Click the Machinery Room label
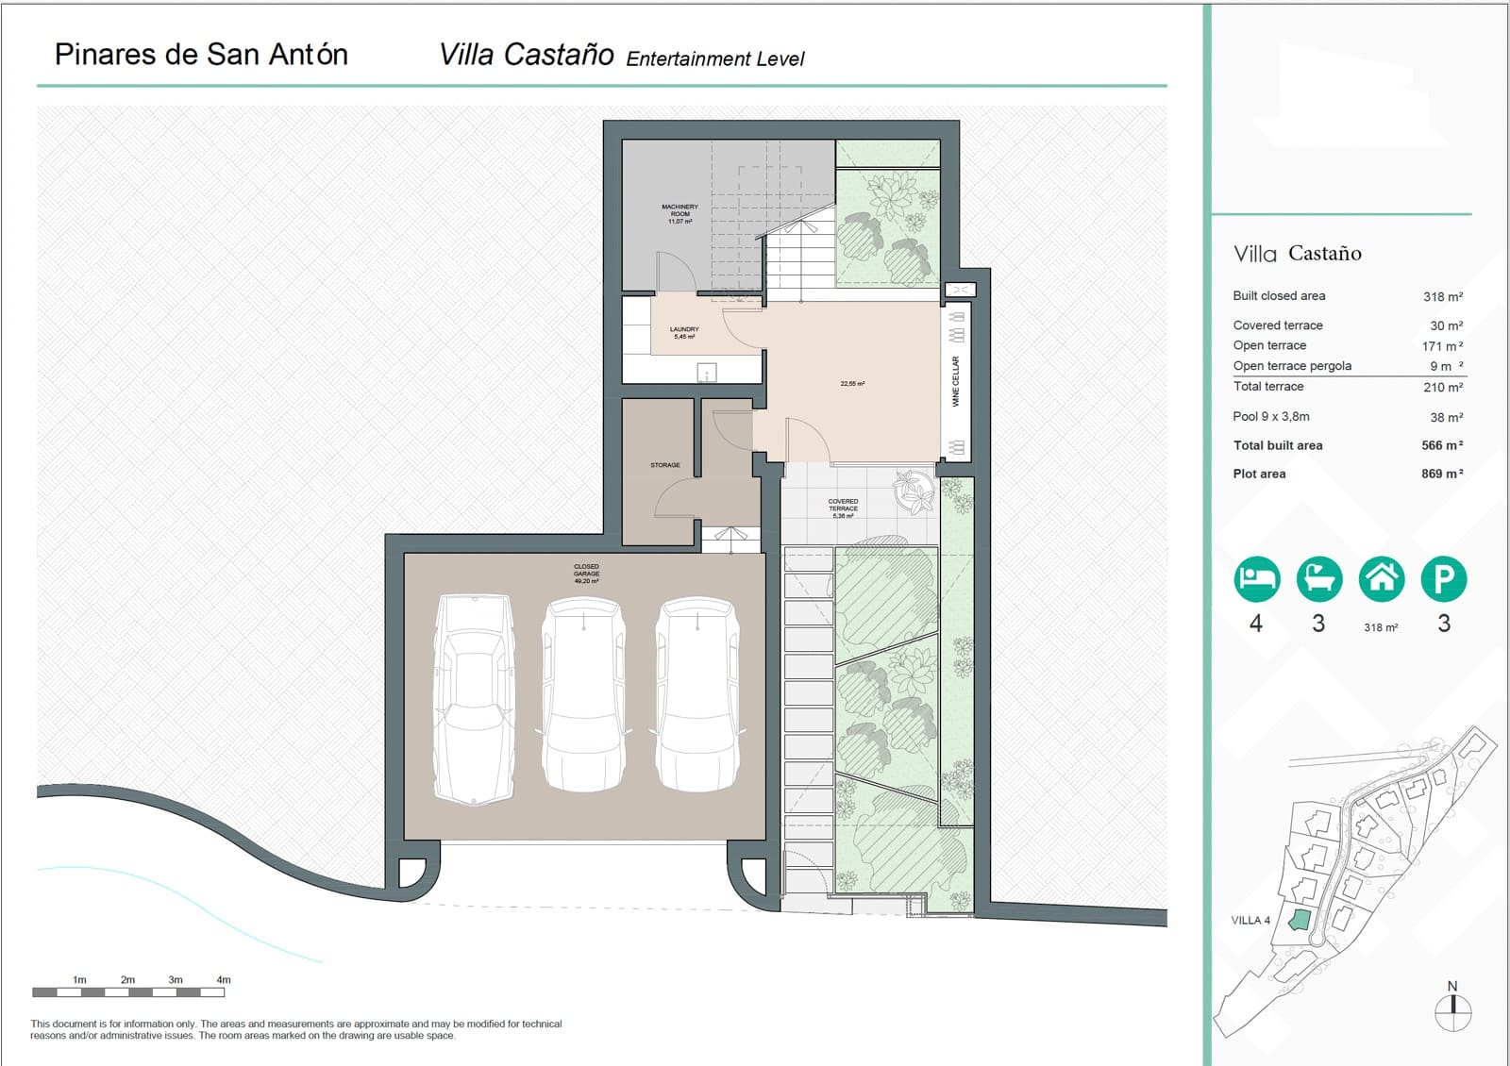coord(679,213)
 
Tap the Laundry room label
coord(684,332)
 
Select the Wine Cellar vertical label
coord(955,381)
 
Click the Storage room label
coord(664,465)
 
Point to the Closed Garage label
coord(586,574)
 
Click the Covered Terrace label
coord(843,508)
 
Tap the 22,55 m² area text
coord(852,384)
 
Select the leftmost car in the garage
coord(474,698)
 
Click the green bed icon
coord(1256,578)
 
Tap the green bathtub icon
coord(1318,578)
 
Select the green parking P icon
coord(1443,578)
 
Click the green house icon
coord(1381,578)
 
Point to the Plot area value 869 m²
coord(1441,474)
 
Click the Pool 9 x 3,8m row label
coord(1270,416)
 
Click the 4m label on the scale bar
coord(223,979)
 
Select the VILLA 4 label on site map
coord(1250,920)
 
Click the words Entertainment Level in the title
coord(714,58)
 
